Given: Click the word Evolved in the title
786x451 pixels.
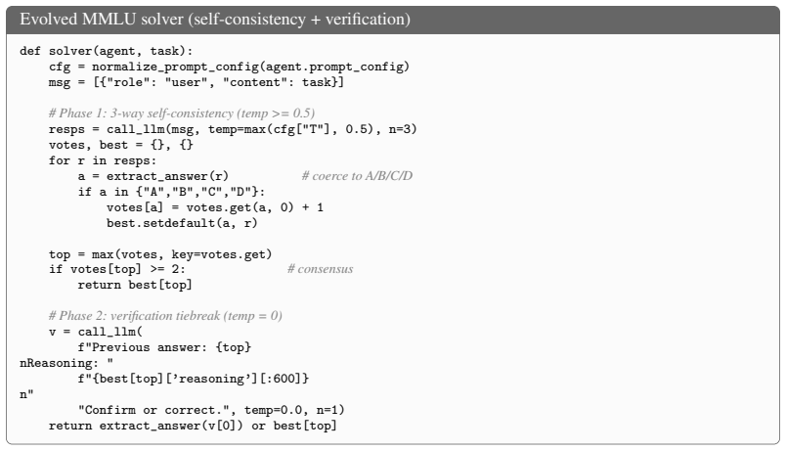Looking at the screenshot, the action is (48, 19).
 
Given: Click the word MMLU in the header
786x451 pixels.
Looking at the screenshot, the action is (109, 19).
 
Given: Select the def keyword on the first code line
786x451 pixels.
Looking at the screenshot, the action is (30, 51).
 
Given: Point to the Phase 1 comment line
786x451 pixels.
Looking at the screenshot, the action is (182, 113).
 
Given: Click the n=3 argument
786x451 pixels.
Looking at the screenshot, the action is (402, 129).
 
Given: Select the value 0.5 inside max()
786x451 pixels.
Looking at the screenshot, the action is (356, 129).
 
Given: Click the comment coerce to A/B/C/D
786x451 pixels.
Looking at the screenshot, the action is (357, 176).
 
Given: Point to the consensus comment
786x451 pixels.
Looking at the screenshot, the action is (321, 269).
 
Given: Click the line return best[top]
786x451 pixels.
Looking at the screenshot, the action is (135, 286).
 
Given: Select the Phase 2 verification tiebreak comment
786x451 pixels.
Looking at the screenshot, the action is (165, 316).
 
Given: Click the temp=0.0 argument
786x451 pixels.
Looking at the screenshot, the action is (273, 410).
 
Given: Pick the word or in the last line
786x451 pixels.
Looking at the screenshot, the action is (259, 426).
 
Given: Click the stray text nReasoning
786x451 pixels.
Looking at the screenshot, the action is (55, 363).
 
